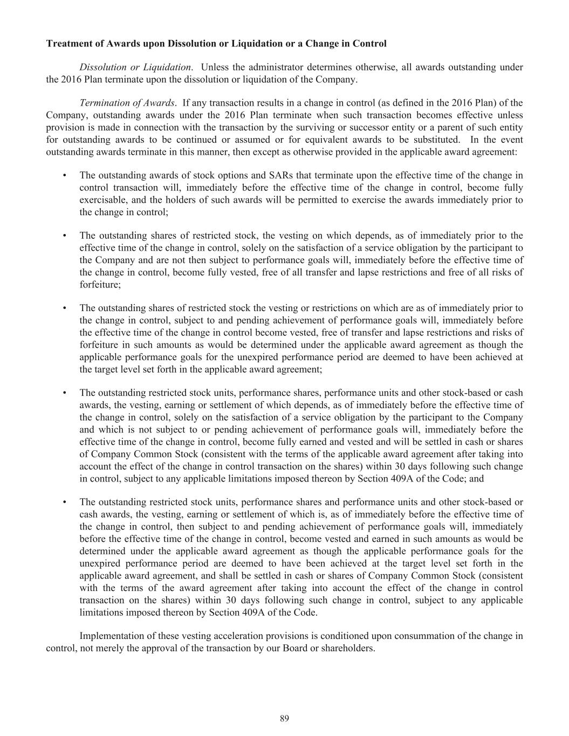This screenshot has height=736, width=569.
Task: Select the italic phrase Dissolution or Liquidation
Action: (135, 67)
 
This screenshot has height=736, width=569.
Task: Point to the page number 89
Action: (285, 718)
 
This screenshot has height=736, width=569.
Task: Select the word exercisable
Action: (101, 200)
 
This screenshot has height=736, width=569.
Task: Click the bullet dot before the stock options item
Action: (65, 175)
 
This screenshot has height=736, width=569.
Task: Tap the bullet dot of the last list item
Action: (65, 502)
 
